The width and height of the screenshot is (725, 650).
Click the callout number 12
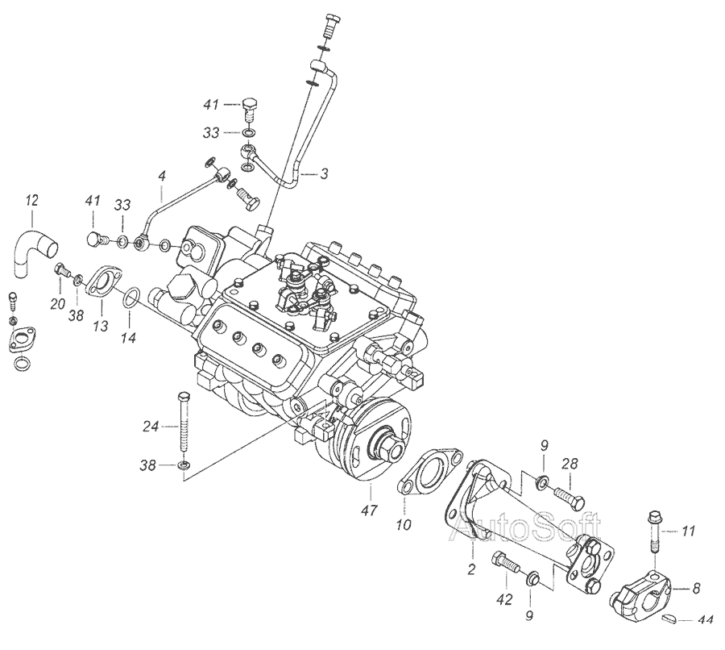point(31,199)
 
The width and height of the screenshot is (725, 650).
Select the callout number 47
point(368,511)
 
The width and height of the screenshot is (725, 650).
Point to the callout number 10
point(403,524)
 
